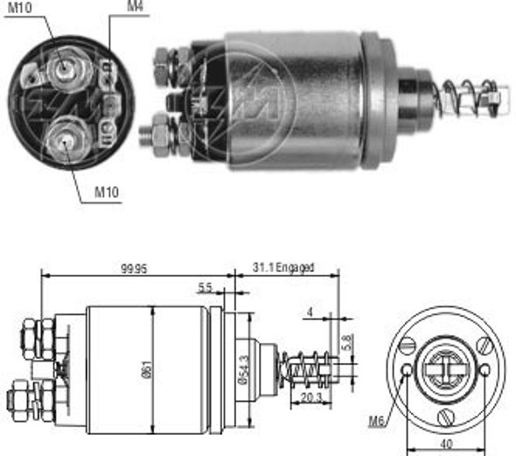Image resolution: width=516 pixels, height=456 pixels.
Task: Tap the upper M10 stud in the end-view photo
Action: coord(65,69)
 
